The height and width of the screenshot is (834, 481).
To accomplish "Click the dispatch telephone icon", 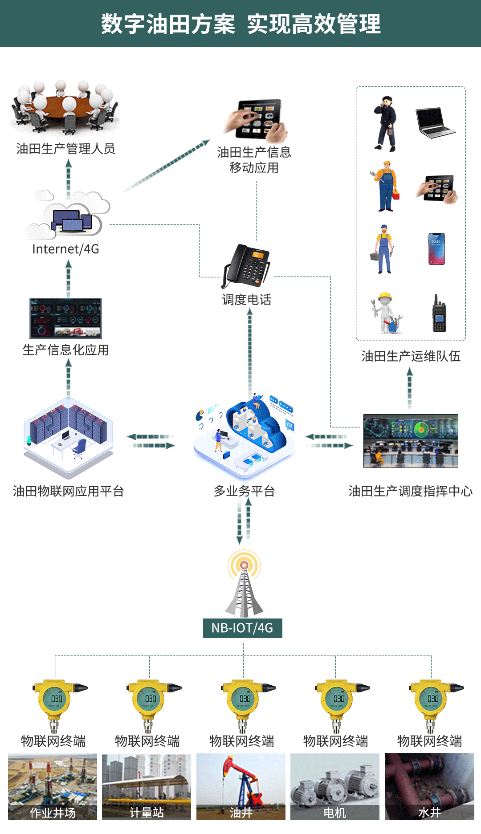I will [246, 266].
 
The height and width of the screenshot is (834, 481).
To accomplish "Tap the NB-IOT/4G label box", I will [242, 628].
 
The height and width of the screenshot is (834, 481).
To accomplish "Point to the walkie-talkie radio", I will [439, 313].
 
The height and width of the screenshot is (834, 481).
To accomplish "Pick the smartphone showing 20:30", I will [436, 248].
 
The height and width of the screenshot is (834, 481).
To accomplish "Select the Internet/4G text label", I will [65, 249].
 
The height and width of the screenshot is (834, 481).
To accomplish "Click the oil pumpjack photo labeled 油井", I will [240, 786].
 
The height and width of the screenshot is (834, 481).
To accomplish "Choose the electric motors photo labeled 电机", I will [334, 786].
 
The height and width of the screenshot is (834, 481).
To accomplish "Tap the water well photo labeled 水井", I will [429, 786].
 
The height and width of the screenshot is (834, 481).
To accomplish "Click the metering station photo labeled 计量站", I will [147, 786].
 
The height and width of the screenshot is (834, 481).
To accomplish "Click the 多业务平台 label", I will [244, 491].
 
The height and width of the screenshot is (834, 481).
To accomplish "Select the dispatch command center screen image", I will [411, 441].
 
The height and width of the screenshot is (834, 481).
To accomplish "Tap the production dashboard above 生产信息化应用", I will [65, 318].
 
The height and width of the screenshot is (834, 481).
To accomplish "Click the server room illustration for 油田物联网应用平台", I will [68, 436].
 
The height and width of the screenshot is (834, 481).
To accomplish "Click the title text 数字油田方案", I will [168, 24].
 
